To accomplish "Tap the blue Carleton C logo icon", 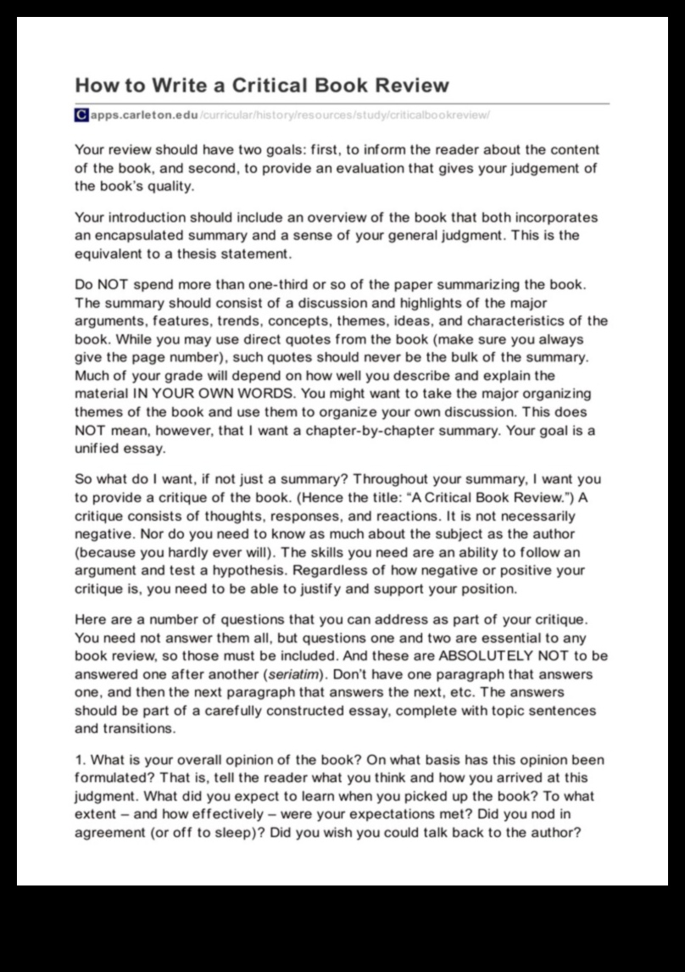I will pos(81,114).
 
